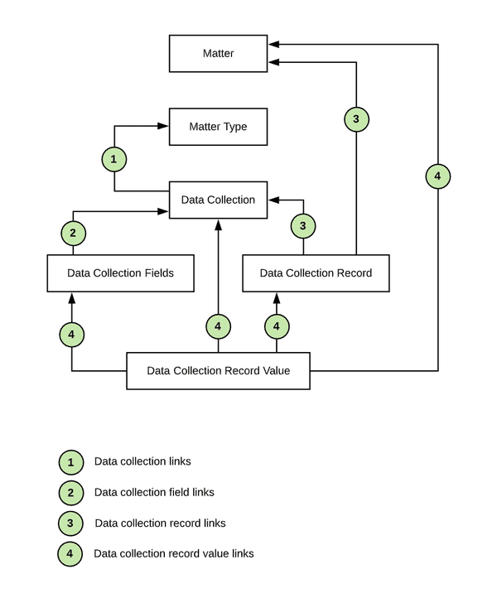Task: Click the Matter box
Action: (219, 53)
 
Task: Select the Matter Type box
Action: (219, 127)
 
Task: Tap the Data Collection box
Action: (219, 200)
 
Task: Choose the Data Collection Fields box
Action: (121, 273)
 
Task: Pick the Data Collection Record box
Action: (316, 273)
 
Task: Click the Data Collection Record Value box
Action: (219, 370)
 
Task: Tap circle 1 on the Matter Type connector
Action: (114, 158)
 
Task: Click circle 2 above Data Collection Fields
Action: (73, 234)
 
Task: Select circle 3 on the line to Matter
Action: (356, 120)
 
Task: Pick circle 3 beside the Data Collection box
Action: (303, 225)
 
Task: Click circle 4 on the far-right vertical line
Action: (437, 176)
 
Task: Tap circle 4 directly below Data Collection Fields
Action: (72, 335)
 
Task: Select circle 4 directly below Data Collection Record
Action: (277, 327)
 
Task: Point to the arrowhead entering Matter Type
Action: (164, 127)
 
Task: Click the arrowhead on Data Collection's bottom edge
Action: (219, 224)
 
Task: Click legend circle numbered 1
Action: (71, 461)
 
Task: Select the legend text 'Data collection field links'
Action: (154, 492)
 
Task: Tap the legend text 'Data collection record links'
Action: (160, 523)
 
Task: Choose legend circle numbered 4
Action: (71, 553)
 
